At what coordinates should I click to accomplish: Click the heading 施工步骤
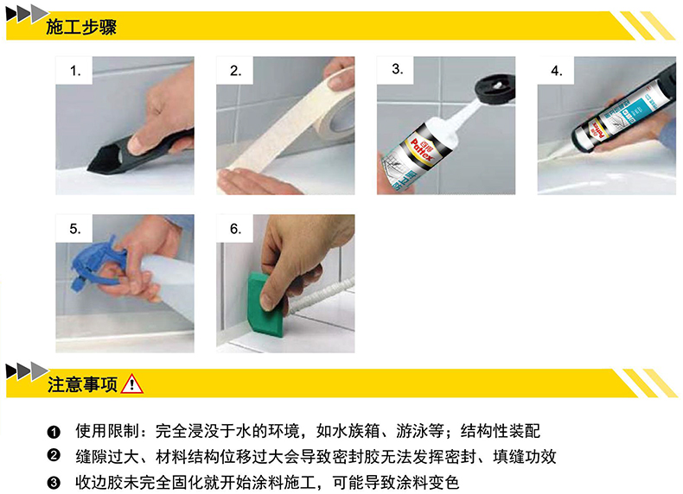81,27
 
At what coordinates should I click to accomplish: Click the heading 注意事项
82,385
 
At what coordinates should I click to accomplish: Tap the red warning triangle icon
131,384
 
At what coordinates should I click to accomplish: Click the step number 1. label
75,71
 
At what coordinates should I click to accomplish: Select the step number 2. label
236,71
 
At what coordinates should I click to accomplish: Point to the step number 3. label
397,69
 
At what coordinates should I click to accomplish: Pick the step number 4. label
556,71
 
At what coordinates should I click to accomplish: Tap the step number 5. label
75,229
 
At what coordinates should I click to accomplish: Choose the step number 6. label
236,229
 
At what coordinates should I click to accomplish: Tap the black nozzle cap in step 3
495,89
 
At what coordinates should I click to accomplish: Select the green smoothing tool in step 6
265,305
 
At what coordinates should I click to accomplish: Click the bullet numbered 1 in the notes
54,432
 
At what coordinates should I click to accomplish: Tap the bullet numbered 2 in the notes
54,456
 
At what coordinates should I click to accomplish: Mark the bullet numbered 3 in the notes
54,482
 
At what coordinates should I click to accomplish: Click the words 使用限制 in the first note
107,431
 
